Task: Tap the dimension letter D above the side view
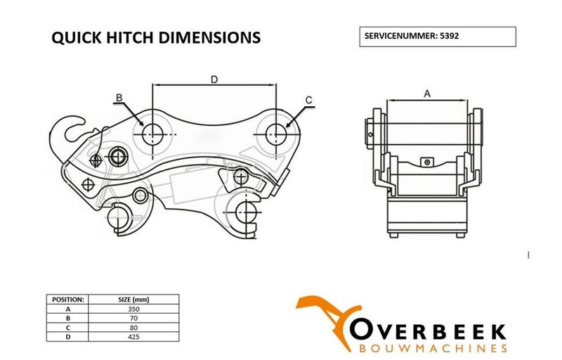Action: [x=214, y=79]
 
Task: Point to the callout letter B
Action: [x=119, y=97]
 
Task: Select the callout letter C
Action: [x=309, y=101]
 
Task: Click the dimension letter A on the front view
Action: [x=428, y=93]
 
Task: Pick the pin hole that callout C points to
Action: [x=275, y=130]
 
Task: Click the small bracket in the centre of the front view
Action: [x=426, y=162]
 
